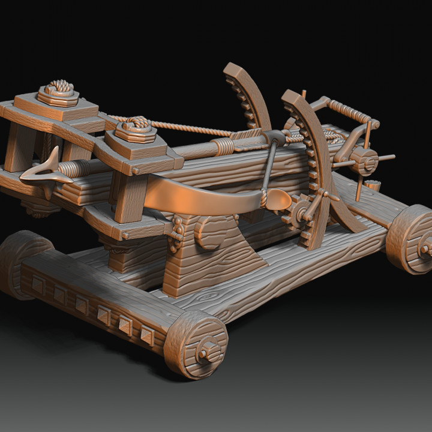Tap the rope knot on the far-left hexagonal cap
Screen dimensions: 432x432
coord(58,88)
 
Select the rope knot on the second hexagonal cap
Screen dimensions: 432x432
coord(136,124)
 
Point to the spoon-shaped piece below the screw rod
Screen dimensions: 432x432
coord(277,200)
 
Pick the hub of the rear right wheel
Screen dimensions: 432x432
coord(425,247)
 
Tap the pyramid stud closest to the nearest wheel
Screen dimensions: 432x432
coord(146,336)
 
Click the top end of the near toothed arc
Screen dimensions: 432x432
coord(292,96)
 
